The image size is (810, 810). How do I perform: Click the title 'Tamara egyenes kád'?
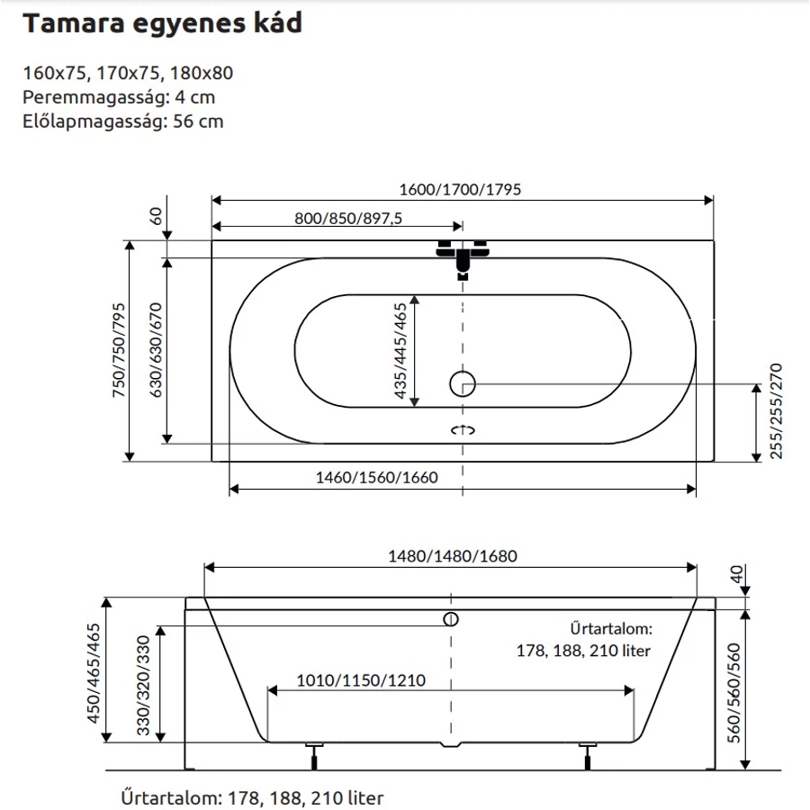tap(162, 23)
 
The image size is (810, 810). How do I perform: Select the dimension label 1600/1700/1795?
tap(460, 190)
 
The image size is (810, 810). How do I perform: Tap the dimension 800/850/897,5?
tap(348, 219)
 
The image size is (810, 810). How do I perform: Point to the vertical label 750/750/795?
tap(119, 350)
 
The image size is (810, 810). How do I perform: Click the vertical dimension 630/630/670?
tap(156, 350)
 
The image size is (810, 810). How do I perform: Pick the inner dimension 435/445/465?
tap(400, 351)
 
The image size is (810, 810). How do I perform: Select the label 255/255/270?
tap(776, 411)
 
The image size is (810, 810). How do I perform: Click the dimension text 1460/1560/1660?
tap(376, 477)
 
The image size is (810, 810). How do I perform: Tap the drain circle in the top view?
tap(463, 383)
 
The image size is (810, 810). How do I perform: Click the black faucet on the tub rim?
tap(463, 256)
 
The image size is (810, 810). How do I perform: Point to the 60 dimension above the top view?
tap(156, 216)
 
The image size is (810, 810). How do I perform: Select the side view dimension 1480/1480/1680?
tap(453, 556)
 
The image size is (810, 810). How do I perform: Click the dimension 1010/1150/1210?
tap(361, 680)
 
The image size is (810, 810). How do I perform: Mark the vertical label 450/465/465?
tap(94, 673)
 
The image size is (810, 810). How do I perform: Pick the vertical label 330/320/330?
tap(143, 685)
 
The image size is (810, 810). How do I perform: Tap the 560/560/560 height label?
tap(734, 693)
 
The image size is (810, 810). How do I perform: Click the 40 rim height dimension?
tap(736, 574)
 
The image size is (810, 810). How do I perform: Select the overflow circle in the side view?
tap(451, 619)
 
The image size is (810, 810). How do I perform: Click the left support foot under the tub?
tap(314, 756)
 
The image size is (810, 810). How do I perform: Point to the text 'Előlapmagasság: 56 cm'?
tap(123, 121)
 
